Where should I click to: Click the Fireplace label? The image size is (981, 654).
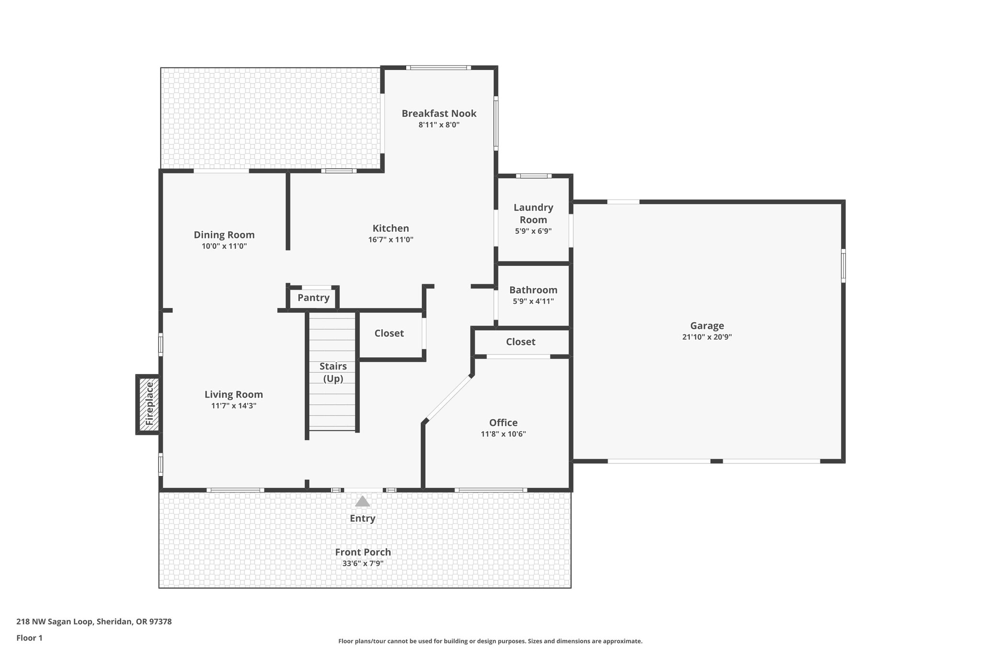(x=149, y=403)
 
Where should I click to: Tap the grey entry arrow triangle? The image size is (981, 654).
(x=363, y=501)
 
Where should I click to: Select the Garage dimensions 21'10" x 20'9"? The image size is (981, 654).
(x=707, y=337)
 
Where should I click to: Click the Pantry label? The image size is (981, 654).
(x=313, y=298)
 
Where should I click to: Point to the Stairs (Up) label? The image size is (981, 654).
(x=333, y=372)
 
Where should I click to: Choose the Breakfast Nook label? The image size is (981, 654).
(x=439, y=114)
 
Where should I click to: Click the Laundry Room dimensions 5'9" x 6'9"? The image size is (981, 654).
(x=533, y=231)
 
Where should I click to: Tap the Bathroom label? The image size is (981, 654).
(x=533, y=290)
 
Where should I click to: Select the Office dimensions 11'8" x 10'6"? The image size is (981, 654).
(x=503, y=434)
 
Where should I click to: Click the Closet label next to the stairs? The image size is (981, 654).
(x=389, y=333)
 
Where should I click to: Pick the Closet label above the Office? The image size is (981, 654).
(x=521, y=342)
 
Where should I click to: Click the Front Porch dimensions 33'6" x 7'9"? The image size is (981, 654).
(x=363, y=563)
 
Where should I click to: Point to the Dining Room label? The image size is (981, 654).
(x=224, y=235)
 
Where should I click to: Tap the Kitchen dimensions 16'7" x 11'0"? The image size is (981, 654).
(x=391, y=240)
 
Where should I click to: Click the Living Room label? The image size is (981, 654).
(x=234, y=394)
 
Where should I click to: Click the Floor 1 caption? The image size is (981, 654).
(x=29, y=638)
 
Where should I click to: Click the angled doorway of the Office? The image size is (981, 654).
(x=449, y=398)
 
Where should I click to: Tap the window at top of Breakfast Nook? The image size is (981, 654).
(x=438, y=68)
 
